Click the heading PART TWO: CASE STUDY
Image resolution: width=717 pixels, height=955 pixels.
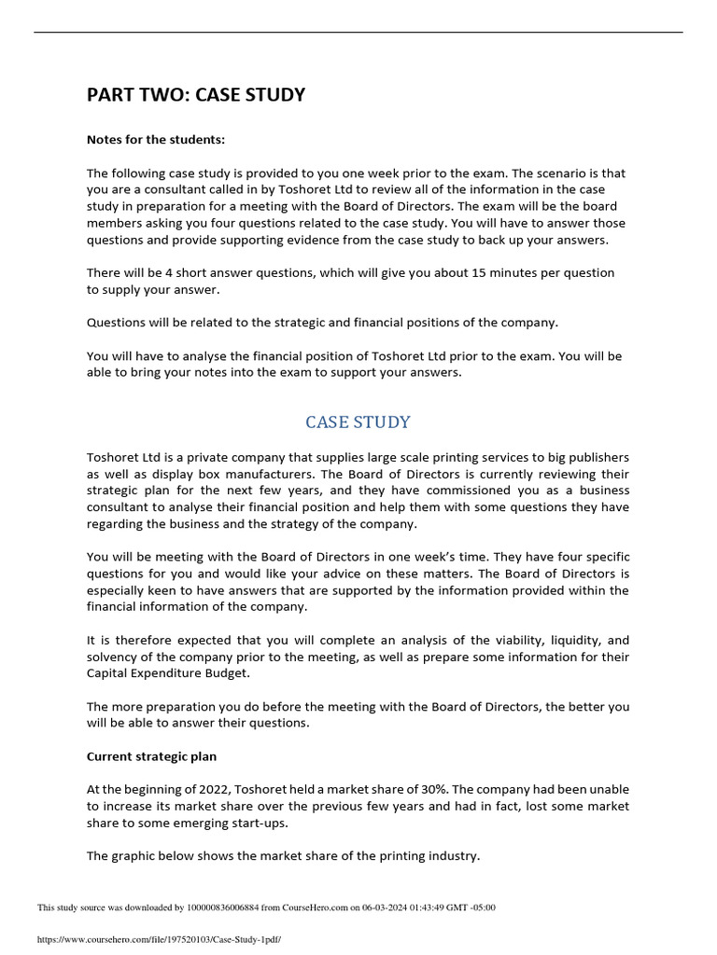pos(196,95)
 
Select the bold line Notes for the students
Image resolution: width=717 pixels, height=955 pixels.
pos(156,140)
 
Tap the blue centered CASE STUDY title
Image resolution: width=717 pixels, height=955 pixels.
pos(358,422)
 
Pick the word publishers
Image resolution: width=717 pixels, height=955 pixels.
pos(593,458)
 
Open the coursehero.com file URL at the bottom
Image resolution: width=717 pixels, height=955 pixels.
pos(159,939)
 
